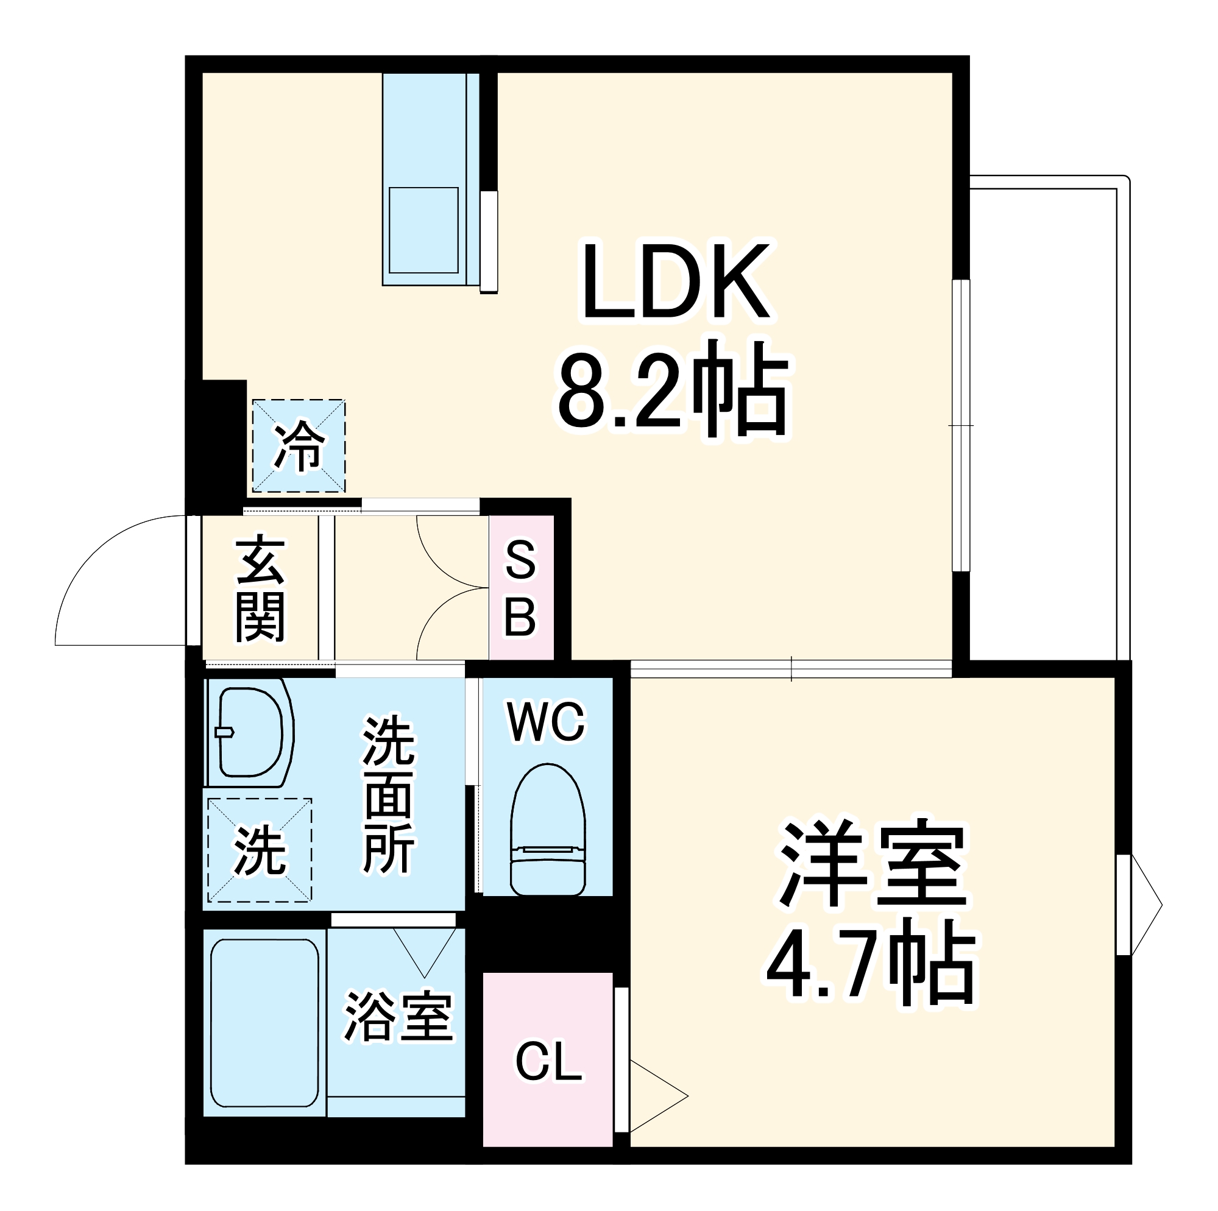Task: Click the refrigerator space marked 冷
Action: click(x=299, y=446)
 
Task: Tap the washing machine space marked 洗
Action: click(x=259, y=850)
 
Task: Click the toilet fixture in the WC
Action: click(x=547, y=831)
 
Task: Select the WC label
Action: click(x=547, y=723)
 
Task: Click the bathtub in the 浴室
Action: click(x=264, y=1023)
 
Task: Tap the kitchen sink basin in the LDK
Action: click(x=423, y=230)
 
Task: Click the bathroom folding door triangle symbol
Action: click(x=424, y=950)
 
